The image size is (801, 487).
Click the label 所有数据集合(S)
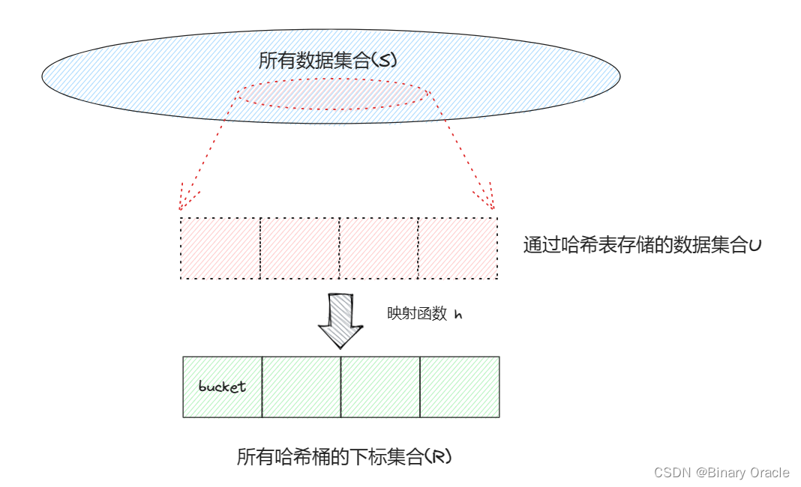click(x=326, y=61)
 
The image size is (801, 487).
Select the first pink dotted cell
click(x=220, y=248)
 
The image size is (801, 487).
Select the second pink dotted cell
click(x=300, y=248)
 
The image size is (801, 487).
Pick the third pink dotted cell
click(x=379, y=248)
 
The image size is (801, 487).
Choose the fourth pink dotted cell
click(x=457, y=248)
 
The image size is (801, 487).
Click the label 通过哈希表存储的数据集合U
click(x=642, y=246)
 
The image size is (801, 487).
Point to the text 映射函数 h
click(x=424, y=315)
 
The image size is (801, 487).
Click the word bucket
click(x=222, y=387)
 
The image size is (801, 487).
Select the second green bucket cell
click(x=301, y=387)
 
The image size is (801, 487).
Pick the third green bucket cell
click(x=380, y=387)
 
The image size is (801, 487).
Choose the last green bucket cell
click(x=459, y=387)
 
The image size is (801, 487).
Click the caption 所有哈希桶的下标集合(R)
click(x=344, y=457)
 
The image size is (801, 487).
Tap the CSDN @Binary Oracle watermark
click(x=721, y=472)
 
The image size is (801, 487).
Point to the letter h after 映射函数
click(x=458, y=315)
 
